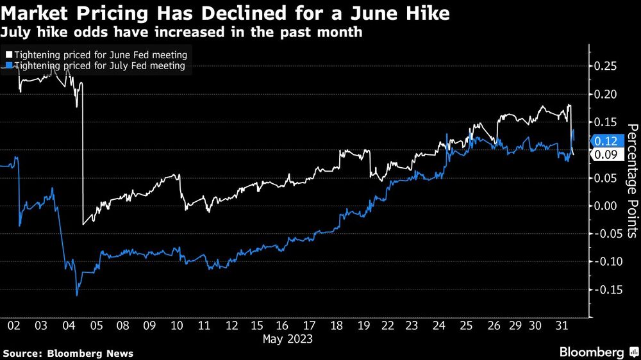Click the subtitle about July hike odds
pyautogui.click(x=182, y=32)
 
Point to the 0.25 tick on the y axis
pyautogui.click(x=606, y=67)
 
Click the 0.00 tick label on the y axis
pyautogui.click(x=606, y=206)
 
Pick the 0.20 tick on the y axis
pyautogui.click(x=606, y=94)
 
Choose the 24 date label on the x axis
pyautogui.click(x=439, y=325)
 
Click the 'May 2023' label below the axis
pyautogui.click(x=288, y=339)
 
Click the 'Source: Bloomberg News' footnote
pyautogui.click(x=68, y=354)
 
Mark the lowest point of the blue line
pyautogui.click(x=77, y=295)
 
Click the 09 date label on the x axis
pyautogui.click(x=150, y=325)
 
